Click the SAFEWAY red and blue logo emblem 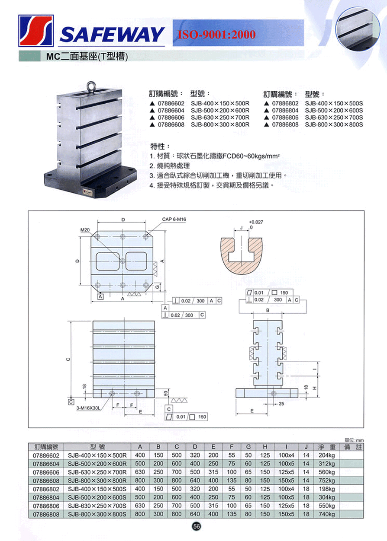pos(36,31)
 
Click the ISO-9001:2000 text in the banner pos(216,34)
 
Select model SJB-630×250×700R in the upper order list pos(220,118)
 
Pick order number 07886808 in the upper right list pos(285,124)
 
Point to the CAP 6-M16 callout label pos(174,220)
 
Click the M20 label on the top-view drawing pos(85,230)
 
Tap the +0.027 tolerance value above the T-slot pos(256,222)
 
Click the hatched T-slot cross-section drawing pos(241,255)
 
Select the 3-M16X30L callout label pos(88,408)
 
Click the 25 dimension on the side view pos(281,404)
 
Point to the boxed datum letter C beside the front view pos(71,402)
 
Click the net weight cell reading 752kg pos(326,481)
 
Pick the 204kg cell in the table pos(326,455)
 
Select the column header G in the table pos(248,447)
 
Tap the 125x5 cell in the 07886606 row pos(286,472)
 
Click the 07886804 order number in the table pos(46,497)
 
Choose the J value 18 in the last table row pos(306,514)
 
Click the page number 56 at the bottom pos(197,526)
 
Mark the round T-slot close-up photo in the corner pos(358,29)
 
